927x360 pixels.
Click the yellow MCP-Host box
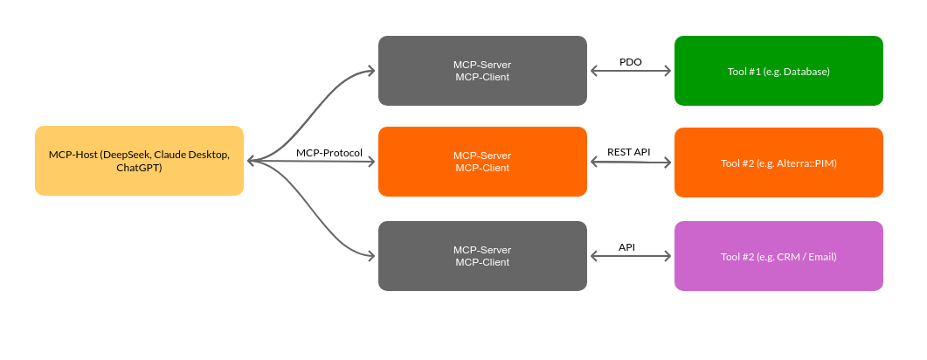(x=139, y=161)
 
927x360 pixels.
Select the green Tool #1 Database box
(x=778, y=71)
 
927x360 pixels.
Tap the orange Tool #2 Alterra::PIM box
(x=778, y=163)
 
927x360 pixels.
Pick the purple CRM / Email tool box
(x=778, y=256)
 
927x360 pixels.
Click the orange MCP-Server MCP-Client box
(x=482, y=162)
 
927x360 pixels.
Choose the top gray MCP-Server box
(x=482, y=71)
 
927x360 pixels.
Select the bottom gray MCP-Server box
(x=482, y=255)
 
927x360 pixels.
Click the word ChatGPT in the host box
(x=139, y=167)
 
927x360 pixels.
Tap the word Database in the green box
(x=806, y=72)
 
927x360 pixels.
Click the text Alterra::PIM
(x=806, y=163)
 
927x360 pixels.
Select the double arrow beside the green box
(x=631, y=71)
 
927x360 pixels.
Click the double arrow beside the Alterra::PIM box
(x=631, y=162)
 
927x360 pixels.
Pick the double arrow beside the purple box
(x=631, y=256)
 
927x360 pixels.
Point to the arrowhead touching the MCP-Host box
(x=252, y=161)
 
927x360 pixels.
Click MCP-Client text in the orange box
(x=482, y=168)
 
